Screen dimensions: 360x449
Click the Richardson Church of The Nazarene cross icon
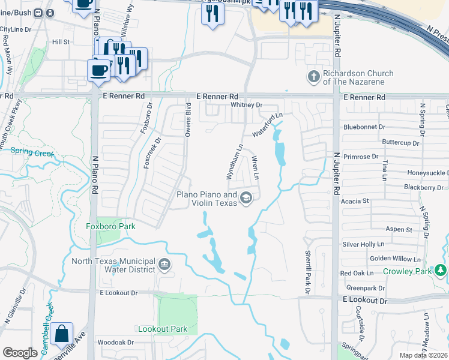(x=313, y=77)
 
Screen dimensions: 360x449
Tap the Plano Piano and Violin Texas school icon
(x=246, y=198)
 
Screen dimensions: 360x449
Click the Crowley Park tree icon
(x=441, y=271)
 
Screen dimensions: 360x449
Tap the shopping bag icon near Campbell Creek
(x=62, y=334)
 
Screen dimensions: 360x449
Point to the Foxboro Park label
(x=110, y=226)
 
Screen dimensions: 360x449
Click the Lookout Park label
(x=163, y=329)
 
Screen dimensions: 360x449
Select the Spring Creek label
(x=32, y=153)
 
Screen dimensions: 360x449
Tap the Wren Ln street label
(x=255, y=167)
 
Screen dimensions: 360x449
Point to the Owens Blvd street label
(x=187, y=120)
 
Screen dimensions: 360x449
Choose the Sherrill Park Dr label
(x=307, y=272)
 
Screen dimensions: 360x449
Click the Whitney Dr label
(x=247, y=105)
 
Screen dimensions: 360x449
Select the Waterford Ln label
(x=267, y=124)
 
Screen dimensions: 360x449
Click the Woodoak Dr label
(x=116, y=343)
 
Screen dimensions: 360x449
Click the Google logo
(x=20, y=353)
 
